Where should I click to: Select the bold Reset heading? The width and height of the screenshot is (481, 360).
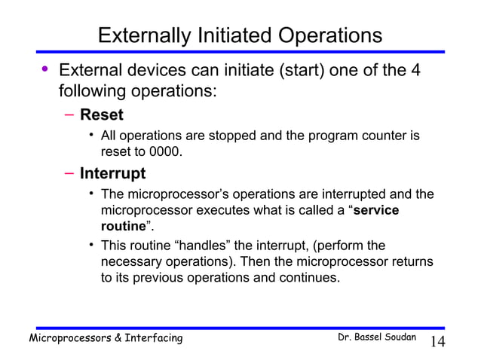tap(102, 116)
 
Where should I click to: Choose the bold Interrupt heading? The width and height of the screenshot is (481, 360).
tap(113, 174)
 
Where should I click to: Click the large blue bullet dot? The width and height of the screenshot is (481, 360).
tap(44, 72)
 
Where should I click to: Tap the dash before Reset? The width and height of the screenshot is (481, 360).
tap(68, 116)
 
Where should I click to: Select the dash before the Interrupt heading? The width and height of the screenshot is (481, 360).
tap(68, 174)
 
